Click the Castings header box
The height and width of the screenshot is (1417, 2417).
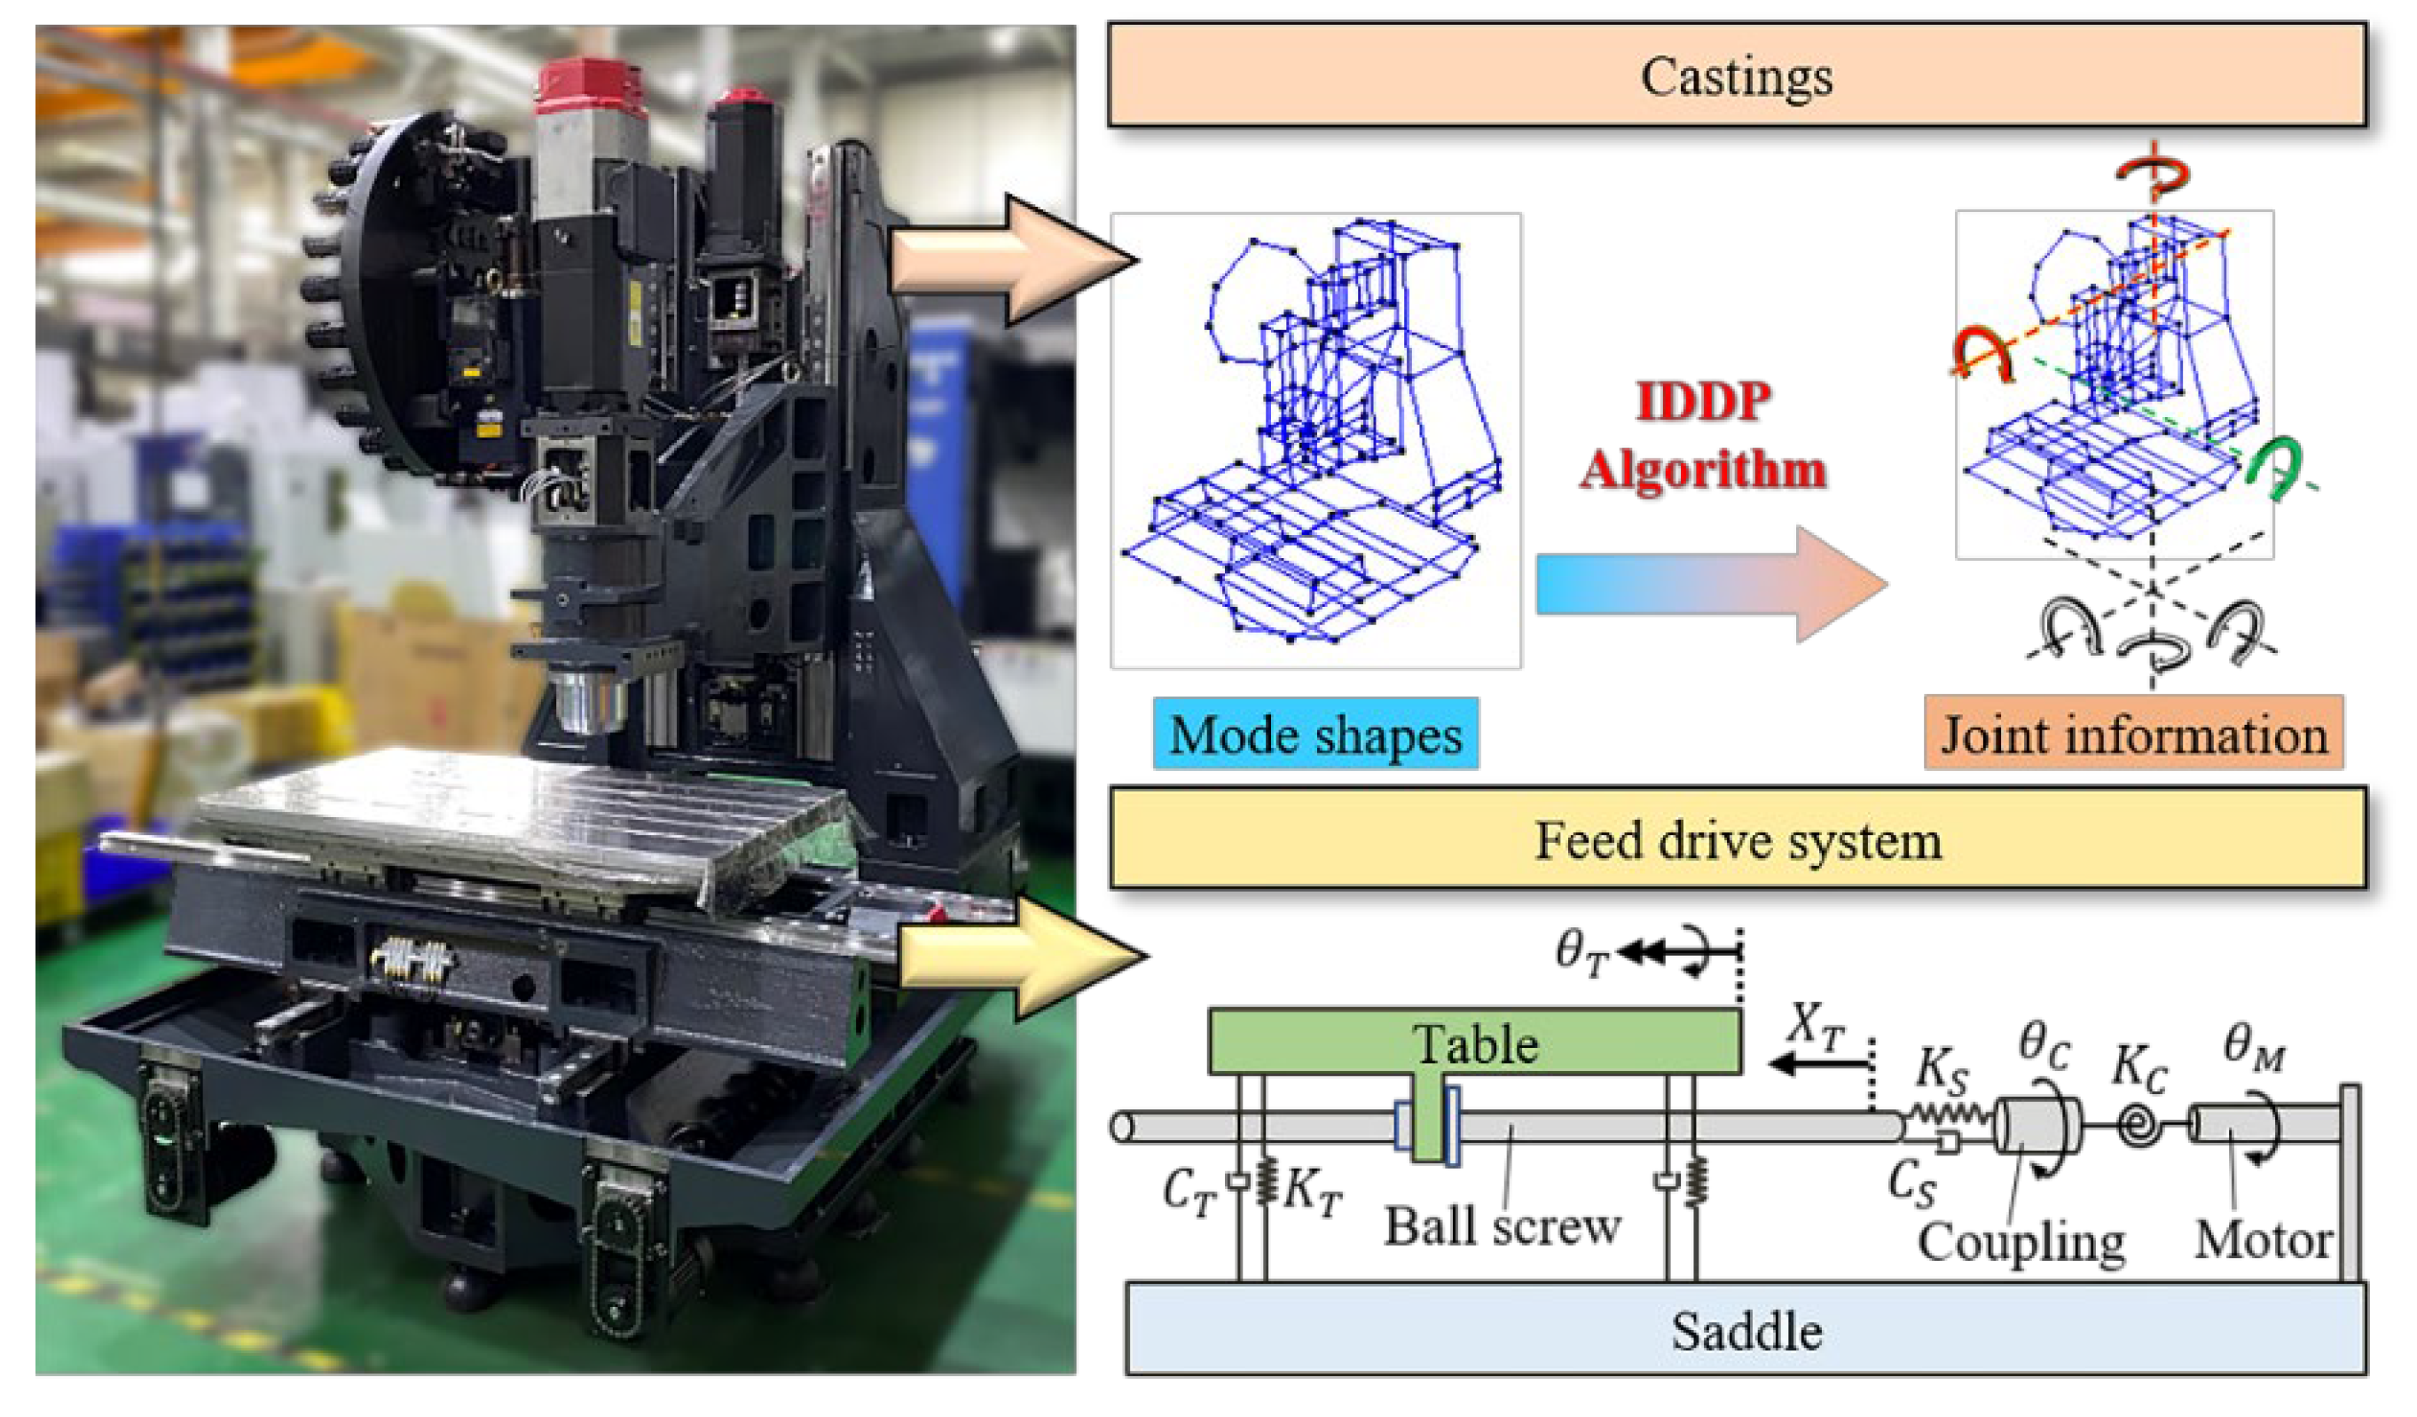coord(1736,76)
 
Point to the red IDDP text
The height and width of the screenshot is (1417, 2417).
coord(1703,401)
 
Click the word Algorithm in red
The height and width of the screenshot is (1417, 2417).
coord(1703,470)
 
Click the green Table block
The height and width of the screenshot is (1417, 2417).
coord(1474,1042)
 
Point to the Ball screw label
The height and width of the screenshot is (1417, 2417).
coord(1502,1227)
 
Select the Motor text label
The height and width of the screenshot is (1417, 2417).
coord(2264,1240)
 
